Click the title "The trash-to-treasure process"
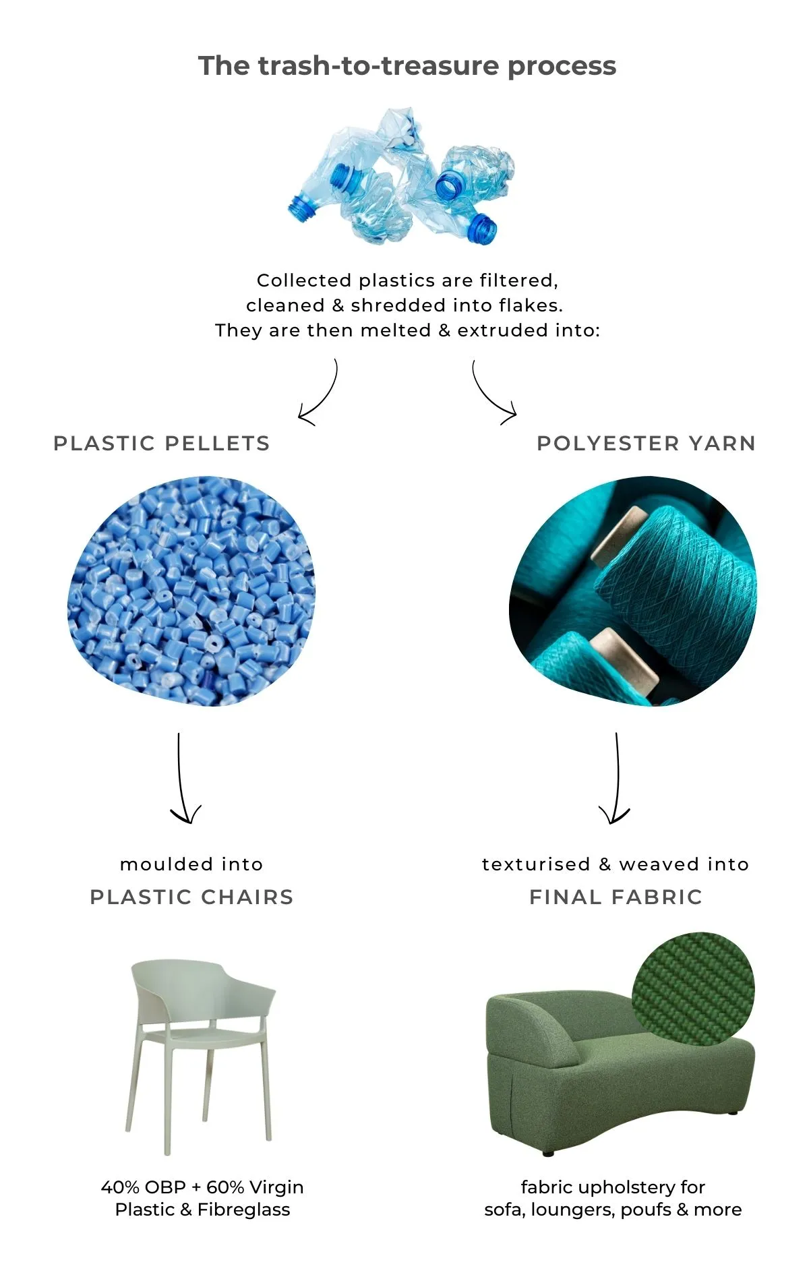[407, 66]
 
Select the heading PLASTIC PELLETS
[162, 443]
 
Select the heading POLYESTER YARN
[646, 443]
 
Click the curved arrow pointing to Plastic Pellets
[326, 398]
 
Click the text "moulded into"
[191, 864]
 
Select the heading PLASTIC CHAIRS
[191, 897]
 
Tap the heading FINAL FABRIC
[616, 897]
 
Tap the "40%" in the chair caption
[120, 1187]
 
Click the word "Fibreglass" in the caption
[244, 1210]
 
